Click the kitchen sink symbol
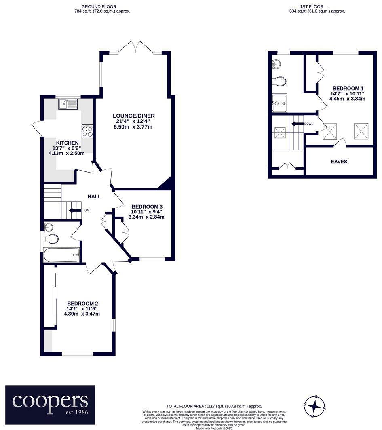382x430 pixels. tap(68, 104)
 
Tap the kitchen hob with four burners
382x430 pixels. tap(88, 131)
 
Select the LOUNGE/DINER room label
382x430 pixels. tap(133, 116)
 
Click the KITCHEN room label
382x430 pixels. tap(67, 143)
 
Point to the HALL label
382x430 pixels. tap(94, 197)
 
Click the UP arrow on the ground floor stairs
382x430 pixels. tap(74, 210)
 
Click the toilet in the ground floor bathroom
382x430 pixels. tap(51, 239)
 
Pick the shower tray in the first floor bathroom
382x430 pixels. tap(279, 103)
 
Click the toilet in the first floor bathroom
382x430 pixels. tap(279, 81)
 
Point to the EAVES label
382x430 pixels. tap(339, 162)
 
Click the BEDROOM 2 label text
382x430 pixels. tap(82, 304)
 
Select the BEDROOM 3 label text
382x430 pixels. tap(147, 206)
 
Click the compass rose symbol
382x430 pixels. tap(314, 405)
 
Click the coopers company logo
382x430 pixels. tap(50, 402)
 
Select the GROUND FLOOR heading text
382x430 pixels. tap(99, 7)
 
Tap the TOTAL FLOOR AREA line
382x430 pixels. tap(214, 406)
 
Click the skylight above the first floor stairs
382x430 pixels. tap(280, 133)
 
